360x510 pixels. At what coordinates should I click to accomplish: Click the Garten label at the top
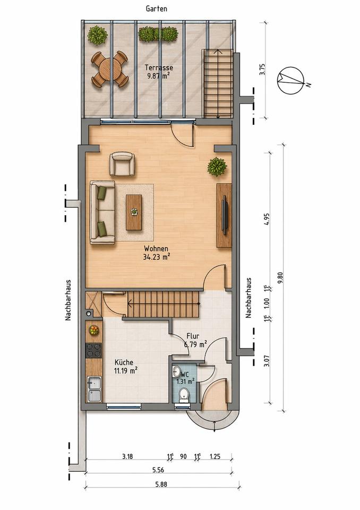pyautogui.click(x=157, y=8)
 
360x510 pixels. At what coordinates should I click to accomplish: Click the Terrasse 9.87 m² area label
pyautogui.click(x=159, y=72)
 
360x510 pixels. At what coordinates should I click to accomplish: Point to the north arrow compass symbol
pyautogui.click(x=291, y=80)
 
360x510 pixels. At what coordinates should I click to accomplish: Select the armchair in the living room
pyautogui.click(x=122, y=164)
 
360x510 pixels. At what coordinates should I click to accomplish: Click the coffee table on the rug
pyautogui.click(x=134, y=212)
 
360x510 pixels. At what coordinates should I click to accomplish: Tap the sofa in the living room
pyautogui.click(x=102, y=212)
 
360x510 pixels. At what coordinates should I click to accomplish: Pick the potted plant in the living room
pyautogui.click(x=217, y=166)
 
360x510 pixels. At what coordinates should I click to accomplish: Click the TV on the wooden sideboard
pyautogui.click(x=224, y=215)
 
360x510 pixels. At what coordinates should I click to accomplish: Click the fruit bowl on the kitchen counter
pyautogui.click(x=93, y=330)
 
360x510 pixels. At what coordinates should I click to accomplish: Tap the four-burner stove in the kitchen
pyautogui.click(x=93, y=350)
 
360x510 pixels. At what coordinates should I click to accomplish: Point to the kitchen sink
pyautogui.click(x=95, y=389)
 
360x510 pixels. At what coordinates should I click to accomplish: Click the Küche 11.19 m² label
pyautogui.click(x=125, y=366)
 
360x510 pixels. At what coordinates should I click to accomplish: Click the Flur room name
pyautogui.click(x=193, y=336)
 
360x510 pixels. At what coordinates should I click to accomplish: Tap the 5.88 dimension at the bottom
pyautogui.click(x=161, y=484)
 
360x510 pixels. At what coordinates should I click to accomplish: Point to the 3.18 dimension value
pyautogui.click(x=127, y=456)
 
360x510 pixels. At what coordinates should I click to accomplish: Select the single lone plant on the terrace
pyautogui.click(x=97, y=35)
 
